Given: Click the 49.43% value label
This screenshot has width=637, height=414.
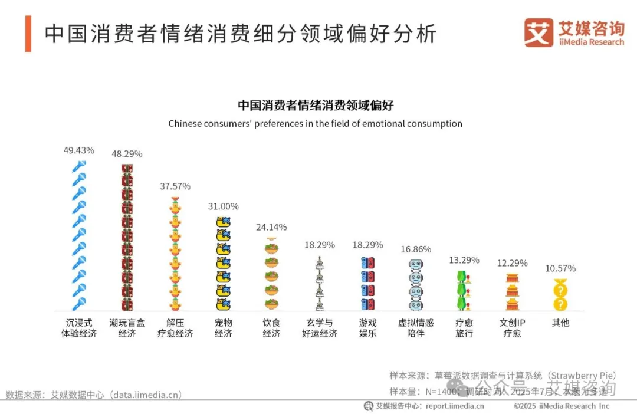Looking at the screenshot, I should pos(79,150).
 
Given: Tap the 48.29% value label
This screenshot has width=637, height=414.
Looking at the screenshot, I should pos(127,153).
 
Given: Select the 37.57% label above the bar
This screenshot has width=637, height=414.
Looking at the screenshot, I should pos(175,186).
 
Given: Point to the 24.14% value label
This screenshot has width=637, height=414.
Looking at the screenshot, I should pos(271,227).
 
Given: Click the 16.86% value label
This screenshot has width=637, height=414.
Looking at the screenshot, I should pos(415,249).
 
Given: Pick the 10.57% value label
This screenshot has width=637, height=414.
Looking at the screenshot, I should pos(560,268).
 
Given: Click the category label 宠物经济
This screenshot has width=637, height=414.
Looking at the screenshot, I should pos(224,328).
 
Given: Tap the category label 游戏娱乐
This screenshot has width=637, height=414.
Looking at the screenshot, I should pos(367,328).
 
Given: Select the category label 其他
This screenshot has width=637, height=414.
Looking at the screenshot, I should pos(560,323).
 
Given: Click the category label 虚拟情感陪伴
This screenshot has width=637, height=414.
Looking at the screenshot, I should pos(415,328).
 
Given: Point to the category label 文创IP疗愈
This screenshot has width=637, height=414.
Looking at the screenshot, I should pos(512,328).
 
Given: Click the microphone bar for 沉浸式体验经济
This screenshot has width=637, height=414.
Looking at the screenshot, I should pos(79,236).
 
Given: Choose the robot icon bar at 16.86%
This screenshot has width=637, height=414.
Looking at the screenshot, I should pos(415,285).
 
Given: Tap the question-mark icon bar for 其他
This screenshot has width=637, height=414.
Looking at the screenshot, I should pos(560,296).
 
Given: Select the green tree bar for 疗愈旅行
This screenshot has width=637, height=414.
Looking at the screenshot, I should pos(464,290).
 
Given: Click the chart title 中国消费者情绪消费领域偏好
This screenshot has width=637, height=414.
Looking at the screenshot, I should pos(315,106).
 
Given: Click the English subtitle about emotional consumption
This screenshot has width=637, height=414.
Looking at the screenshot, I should pos(315,124).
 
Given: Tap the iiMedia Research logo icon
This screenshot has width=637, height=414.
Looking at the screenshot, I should pos(539,32).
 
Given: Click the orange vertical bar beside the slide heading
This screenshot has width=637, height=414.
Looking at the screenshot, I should pos(28,34).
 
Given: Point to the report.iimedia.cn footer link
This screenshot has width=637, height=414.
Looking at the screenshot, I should pos(454,406).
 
